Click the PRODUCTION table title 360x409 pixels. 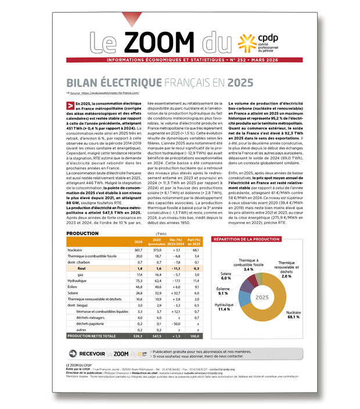click(x=82, y=233)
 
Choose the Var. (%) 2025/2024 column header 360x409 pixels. click(x=177, y=242)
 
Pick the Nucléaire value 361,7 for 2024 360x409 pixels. click(x=138, y=249)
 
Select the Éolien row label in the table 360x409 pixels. click(x=73, y=286)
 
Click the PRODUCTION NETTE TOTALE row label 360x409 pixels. click(x=91, y=336)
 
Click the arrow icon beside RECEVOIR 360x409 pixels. click(x=73, y=353)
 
